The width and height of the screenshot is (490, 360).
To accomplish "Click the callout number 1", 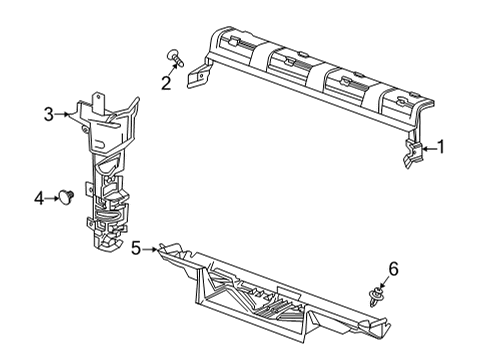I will point(440,148).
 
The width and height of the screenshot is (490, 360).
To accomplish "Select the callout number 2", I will point(166,83).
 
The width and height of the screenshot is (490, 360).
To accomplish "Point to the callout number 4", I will point(39,199).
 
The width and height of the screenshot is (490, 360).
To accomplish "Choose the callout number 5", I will point(136,248).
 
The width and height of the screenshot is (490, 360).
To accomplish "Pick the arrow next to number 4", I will point(54,199).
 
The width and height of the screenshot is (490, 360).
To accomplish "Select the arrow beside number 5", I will point(151,248).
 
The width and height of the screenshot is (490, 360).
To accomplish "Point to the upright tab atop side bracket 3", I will point(102,98).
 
